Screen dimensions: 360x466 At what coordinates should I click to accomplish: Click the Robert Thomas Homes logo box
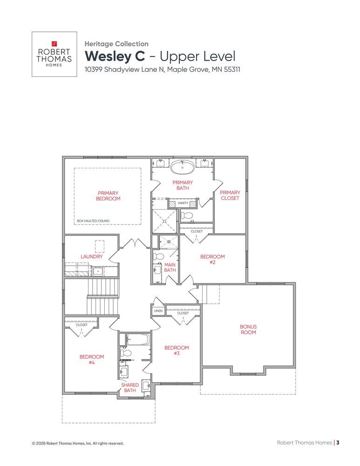point(54,54)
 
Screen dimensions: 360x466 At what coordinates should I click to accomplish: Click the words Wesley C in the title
point(115,56)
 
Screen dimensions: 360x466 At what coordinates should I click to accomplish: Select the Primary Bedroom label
point(108,196)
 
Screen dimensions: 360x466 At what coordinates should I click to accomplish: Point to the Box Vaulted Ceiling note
point(93,221)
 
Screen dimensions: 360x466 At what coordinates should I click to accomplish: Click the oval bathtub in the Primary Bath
point(183,167)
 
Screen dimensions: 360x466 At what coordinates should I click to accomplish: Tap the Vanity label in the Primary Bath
point(183,203)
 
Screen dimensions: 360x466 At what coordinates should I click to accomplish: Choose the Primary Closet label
point(230,195)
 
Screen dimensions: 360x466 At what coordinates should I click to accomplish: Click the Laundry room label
point(91,256)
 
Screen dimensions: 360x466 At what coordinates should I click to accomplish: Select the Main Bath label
point(170,267)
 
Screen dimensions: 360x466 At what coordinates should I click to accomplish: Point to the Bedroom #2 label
point(212,259)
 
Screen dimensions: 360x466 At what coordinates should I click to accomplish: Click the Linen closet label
point(158,311)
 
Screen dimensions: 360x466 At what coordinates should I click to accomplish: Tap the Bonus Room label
point(248,329)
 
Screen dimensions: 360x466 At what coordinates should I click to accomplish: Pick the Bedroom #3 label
point(177,350)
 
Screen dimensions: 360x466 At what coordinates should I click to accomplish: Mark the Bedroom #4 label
point(92,359)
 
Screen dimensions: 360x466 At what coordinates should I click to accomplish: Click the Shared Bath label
point(130,388)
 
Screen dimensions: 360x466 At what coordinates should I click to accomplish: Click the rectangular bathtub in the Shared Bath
point(138,340)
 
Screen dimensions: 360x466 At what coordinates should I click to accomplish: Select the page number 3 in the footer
point(338,443)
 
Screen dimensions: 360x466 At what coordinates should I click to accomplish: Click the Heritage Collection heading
point(116,44)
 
